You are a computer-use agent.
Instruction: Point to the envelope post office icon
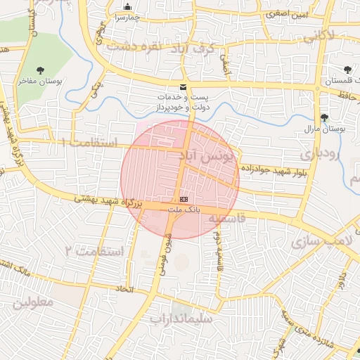tap(184, 87)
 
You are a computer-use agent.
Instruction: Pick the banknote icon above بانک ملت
tap(184, 199)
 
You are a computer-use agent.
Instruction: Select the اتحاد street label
tap(124, 289)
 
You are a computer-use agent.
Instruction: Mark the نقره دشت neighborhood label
tap(130, 46)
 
